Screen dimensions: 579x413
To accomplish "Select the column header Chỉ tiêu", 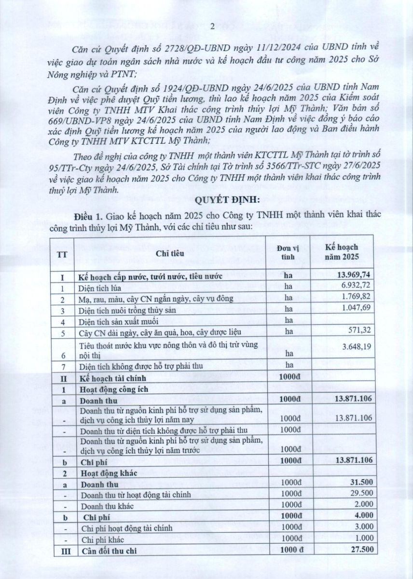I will point(166,253).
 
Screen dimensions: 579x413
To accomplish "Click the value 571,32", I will point(359,331).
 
